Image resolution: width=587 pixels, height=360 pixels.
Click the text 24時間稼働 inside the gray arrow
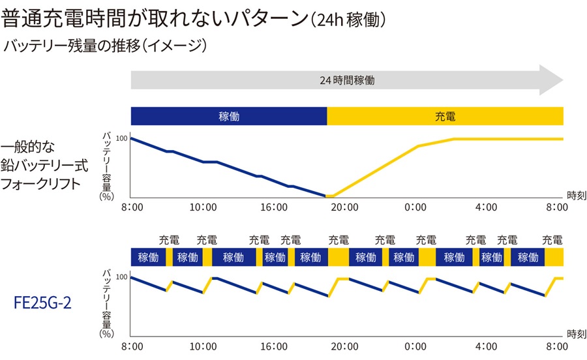click(x=347, y=80)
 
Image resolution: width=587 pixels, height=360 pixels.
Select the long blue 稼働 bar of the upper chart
click(x=229, y=116)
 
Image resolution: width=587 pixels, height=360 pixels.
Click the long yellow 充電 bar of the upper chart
click(x=445, y=116)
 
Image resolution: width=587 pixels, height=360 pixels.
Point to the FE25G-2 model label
click(x=43, y=303)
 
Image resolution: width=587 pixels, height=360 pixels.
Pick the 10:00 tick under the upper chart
click(x=203, y=207)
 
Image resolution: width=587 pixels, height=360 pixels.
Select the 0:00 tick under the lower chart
click(x=415, y=346)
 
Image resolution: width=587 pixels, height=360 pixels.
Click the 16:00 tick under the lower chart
click(x=273, y=346)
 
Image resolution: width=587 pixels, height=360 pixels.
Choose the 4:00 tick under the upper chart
click(x=486, y=207)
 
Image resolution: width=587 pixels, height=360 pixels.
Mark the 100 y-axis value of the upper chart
click(x=121, y=138)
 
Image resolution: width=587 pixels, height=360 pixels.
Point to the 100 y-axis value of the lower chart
click(x=121, y=277)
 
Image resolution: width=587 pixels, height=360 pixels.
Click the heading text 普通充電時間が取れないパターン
click(x=154, y=19)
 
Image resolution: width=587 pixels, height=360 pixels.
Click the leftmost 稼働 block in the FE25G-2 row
click(x=148, y=257)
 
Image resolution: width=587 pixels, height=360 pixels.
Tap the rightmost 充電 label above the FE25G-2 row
click(x=555, y=239)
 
